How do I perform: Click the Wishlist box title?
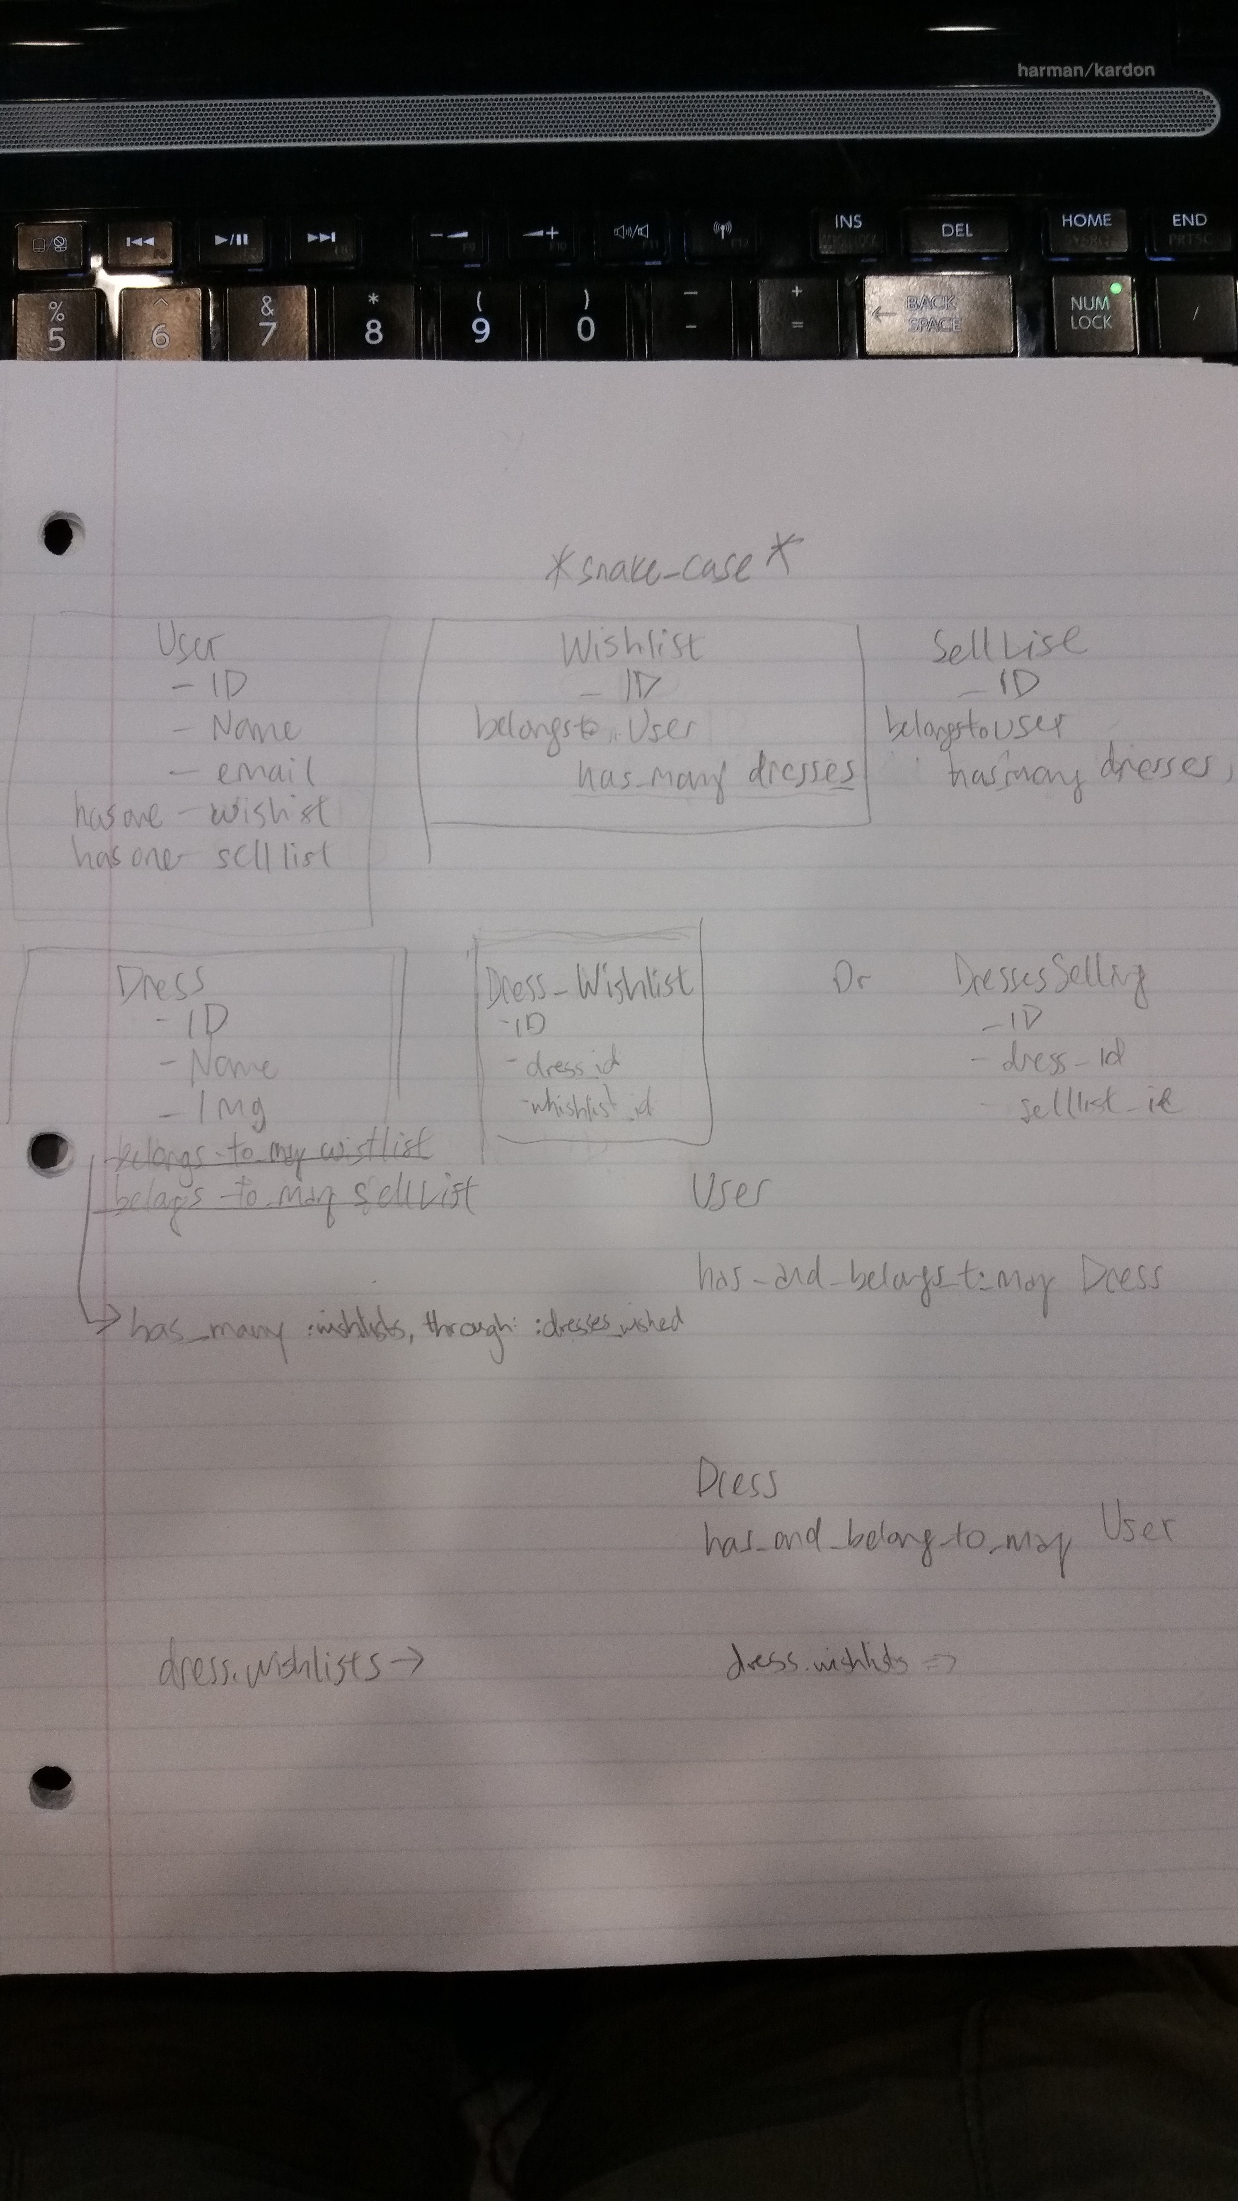pos(631,647)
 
